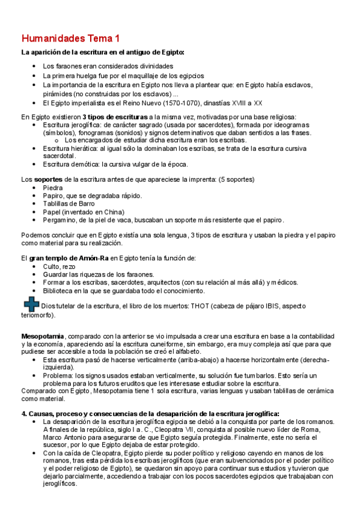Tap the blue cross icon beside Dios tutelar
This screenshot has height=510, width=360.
pos(30,306)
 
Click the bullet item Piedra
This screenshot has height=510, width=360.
pos(52,188)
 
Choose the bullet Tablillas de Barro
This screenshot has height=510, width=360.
pos(69,204)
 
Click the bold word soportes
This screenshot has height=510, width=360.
pos(49,179)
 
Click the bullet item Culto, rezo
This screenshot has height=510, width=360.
pos(59,266)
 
